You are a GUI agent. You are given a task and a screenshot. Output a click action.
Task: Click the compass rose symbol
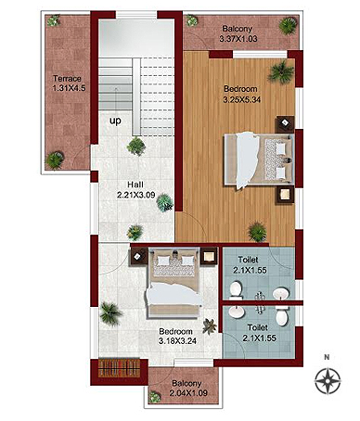tap(328, 381)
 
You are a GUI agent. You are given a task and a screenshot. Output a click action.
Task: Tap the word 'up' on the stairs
tap(115, 121)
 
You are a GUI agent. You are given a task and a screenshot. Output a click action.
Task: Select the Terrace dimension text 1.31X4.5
tap(69, 88)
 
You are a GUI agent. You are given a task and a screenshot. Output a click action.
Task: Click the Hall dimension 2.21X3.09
tap(136, 196)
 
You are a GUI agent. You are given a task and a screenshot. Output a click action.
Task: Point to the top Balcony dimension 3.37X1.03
tap(238, 39)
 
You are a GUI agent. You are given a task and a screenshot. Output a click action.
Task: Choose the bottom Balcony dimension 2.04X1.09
tap(188, 393)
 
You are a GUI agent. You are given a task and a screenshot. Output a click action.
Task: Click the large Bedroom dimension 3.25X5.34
tap(242, 99)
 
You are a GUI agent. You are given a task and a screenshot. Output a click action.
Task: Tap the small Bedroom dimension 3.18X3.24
tap(177, 341)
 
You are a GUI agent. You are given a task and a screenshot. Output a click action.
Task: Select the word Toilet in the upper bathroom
tap(248, 260)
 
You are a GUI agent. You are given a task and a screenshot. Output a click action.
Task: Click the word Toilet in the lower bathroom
tap(258, 327)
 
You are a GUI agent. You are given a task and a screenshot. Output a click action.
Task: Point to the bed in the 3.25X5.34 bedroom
tap(259, 159)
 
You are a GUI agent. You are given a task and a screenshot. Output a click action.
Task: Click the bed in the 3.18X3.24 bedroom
tap(174, 283)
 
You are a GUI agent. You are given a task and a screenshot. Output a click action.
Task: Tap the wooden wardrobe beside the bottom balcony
tap(119, 367)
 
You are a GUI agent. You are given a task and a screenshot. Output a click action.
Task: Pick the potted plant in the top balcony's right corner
tap(288, 25)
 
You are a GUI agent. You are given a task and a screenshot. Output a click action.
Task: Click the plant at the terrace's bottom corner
tap(55, 159)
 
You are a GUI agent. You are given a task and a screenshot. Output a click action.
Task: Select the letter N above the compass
tap(327, 357)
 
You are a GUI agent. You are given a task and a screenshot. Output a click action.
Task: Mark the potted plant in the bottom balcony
tap(154, 397)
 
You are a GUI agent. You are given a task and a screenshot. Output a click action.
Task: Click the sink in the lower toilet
tap(237, 312)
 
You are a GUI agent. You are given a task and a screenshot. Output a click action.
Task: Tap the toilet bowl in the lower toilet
tap(282, 315)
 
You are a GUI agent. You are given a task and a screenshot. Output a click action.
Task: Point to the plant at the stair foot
tap(136, 147)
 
